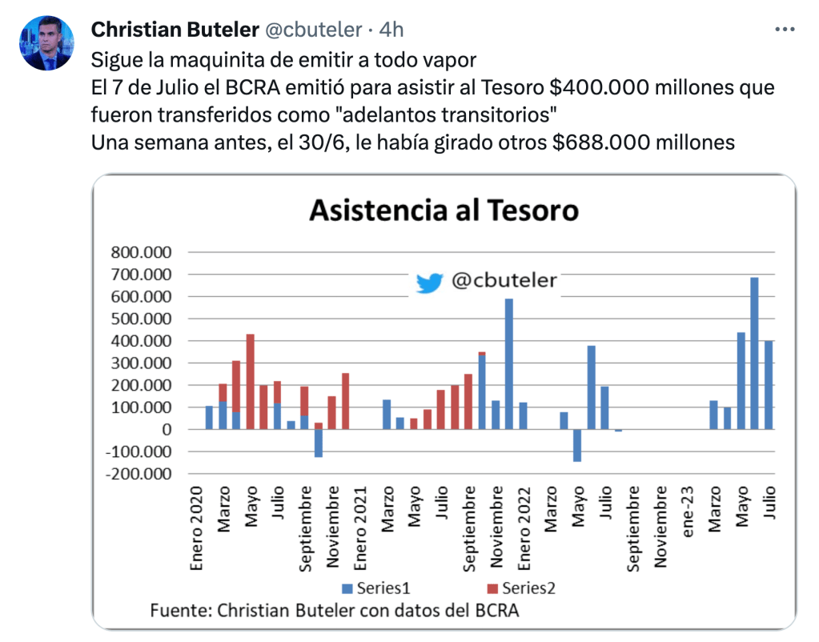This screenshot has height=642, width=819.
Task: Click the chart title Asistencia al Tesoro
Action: (444, 211)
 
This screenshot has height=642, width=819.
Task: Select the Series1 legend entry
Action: (376, 588)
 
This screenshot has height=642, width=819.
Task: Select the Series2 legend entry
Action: (524, 588)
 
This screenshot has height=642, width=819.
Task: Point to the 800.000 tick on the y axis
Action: (139, 252)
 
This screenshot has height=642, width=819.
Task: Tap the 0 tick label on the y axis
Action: (166, 430)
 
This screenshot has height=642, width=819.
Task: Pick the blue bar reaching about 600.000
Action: (509, 364)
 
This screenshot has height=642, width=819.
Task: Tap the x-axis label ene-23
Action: (688, 508)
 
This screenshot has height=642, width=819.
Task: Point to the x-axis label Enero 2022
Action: (524, 524)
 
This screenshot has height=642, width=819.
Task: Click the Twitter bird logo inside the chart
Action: (429, 283)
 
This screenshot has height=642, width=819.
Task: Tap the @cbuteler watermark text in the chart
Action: (504, 281)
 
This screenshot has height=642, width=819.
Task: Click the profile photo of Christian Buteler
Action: (46, 43)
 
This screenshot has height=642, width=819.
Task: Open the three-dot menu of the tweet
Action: (785, 30)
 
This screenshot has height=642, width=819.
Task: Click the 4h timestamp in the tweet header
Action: (391, 30)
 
